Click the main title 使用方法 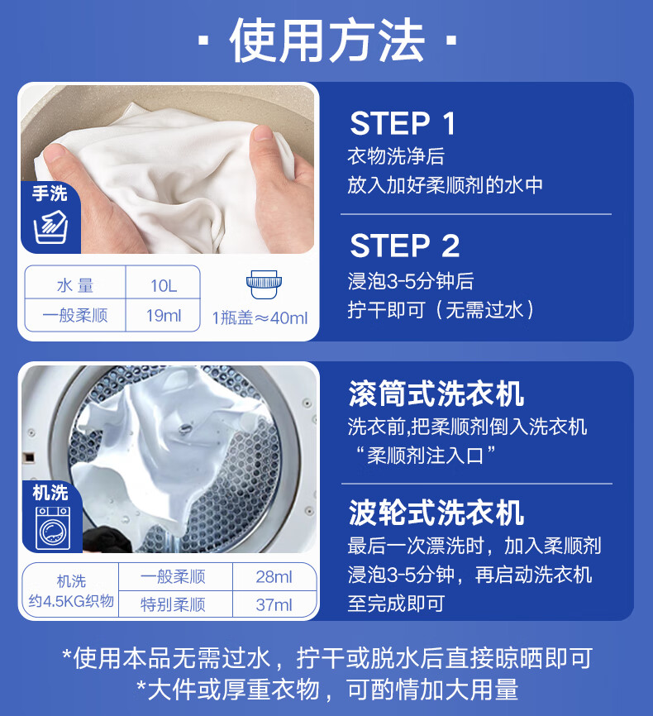[x=327, y=41]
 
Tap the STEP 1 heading [x=403, y=123]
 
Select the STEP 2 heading [x=404, y=246]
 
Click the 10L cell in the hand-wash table [x=163, y=286]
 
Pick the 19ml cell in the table [x=163, y=315]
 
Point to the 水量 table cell [x=75, y=286]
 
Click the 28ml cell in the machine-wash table [x=274, y=577]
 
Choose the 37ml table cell [x=274, y=604]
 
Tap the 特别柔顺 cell [x=173, y=604]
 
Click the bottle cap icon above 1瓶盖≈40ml [x=264, y=284]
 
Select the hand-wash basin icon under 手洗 [x=50, y=227]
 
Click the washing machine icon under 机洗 [x=53, y=527]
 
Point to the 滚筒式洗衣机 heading [x=436, y=394]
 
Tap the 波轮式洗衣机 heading [x=436, y=513]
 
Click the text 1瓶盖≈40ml [x=260, y=317]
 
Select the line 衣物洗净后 [x=395, y=156]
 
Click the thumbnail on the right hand [x=263, y=132]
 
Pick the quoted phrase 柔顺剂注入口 [x=425, y=456]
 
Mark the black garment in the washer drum [x=110, y=539]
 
